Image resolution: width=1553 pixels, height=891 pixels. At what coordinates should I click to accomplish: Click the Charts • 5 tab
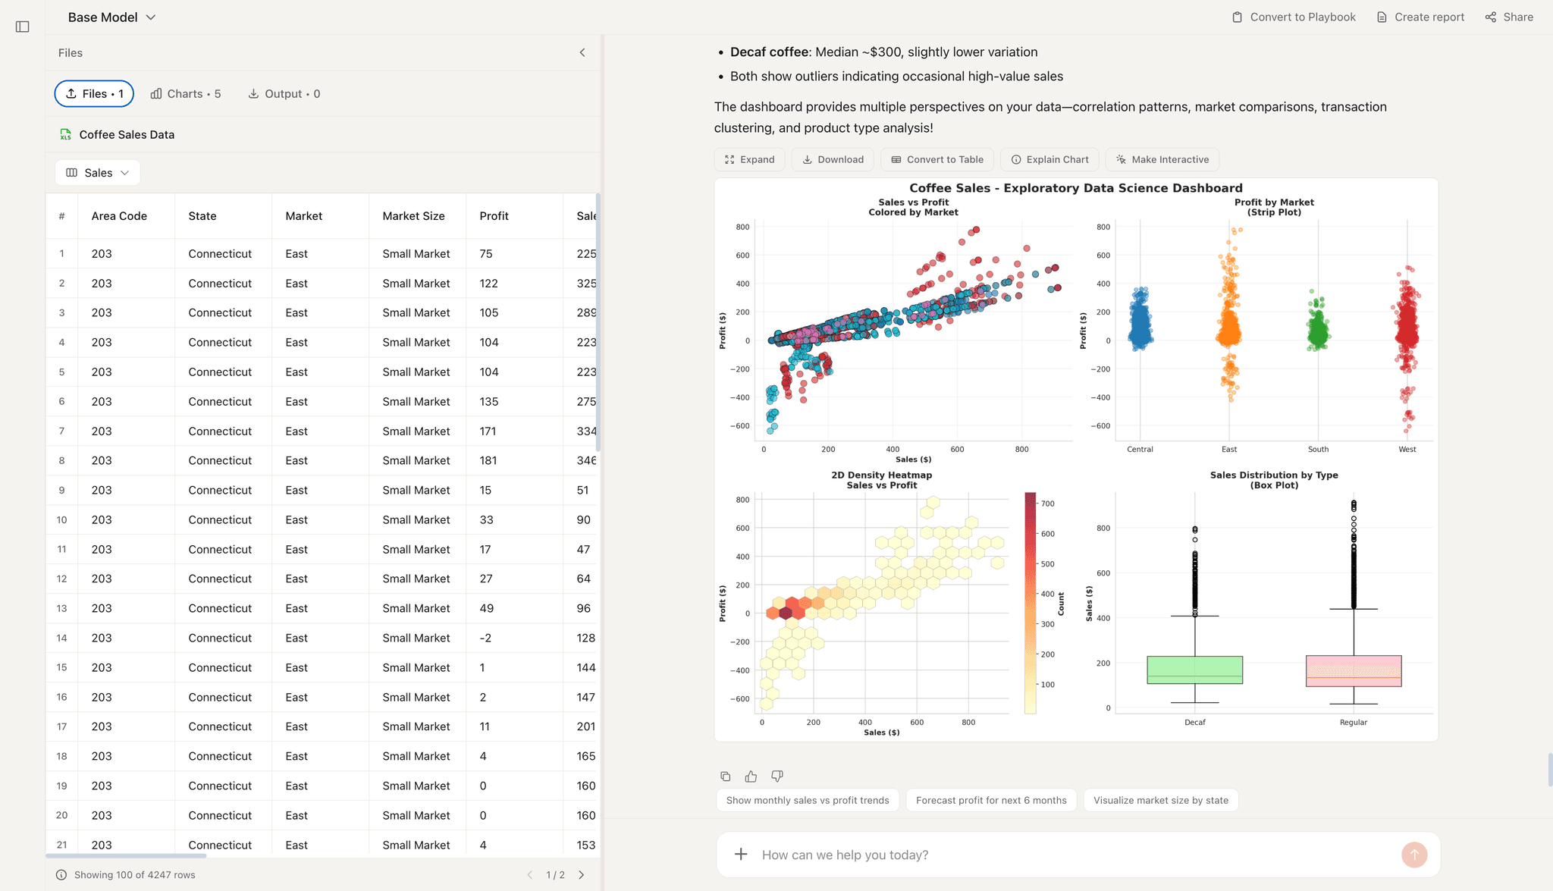pyautogui.click(x=186, y=94)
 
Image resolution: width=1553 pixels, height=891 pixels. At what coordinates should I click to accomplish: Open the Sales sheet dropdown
pyautogui.click(x=97, y=173)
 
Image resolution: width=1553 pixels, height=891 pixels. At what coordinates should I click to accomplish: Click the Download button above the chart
pyautogui.click(x=833, y=159)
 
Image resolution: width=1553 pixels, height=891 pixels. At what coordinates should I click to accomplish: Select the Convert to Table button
pyautogui.click(x=937, y=159)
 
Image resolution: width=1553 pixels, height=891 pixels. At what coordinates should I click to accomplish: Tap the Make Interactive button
pyautogui.click(x=1162, y=159)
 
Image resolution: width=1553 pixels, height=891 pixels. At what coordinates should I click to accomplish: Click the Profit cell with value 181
pyautogui.click(x=488, y=460)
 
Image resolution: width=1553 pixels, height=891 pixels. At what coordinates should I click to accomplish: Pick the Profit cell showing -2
pyautogui.click(x=485, y=638)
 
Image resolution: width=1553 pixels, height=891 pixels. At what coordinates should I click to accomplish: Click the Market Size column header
pyautogui.click(x=413, y=216)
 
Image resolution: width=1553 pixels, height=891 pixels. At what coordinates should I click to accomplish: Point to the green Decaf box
pyautogui.click(x=1194, y=670)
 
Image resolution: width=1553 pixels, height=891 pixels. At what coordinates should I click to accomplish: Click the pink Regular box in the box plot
pyautogui.click(x=1353, y=671)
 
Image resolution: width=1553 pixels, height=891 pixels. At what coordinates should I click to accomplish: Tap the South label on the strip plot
pyautogui.click(x=1318, y=450)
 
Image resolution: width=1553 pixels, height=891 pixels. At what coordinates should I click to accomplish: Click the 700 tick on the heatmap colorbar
pyautogui.click(x=1047, y=504)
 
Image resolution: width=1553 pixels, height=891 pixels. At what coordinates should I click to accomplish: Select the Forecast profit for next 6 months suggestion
pyautogui.click(x=990, y=800)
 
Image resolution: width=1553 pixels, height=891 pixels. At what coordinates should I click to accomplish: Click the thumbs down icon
pyautogui.click(x=776, y=776)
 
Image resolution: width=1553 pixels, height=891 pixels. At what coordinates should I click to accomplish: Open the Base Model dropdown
pyautogui.click(x=111, y=17)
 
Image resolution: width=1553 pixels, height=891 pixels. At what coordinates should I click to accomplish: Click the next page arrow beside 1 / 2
pyautogui.click(x=582, y=874)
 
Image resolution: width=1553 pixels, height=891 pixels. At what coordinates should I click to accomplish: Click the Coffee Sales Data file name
pyautogui.click(x=127, y=134)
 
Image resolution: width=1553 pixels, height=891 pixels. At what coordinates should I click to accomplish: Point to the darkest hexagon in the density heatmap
pyautogui.click(x=786, y=613)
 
